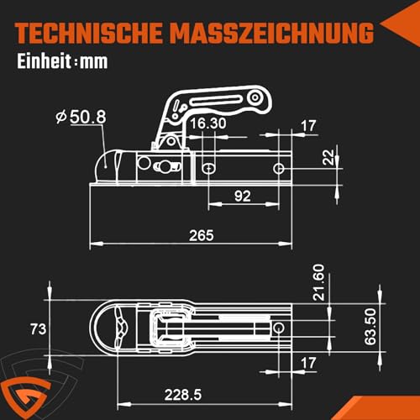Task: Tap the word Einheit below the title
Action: tap(42, 62)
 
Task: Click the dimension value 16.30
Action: tap(207, 123)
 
